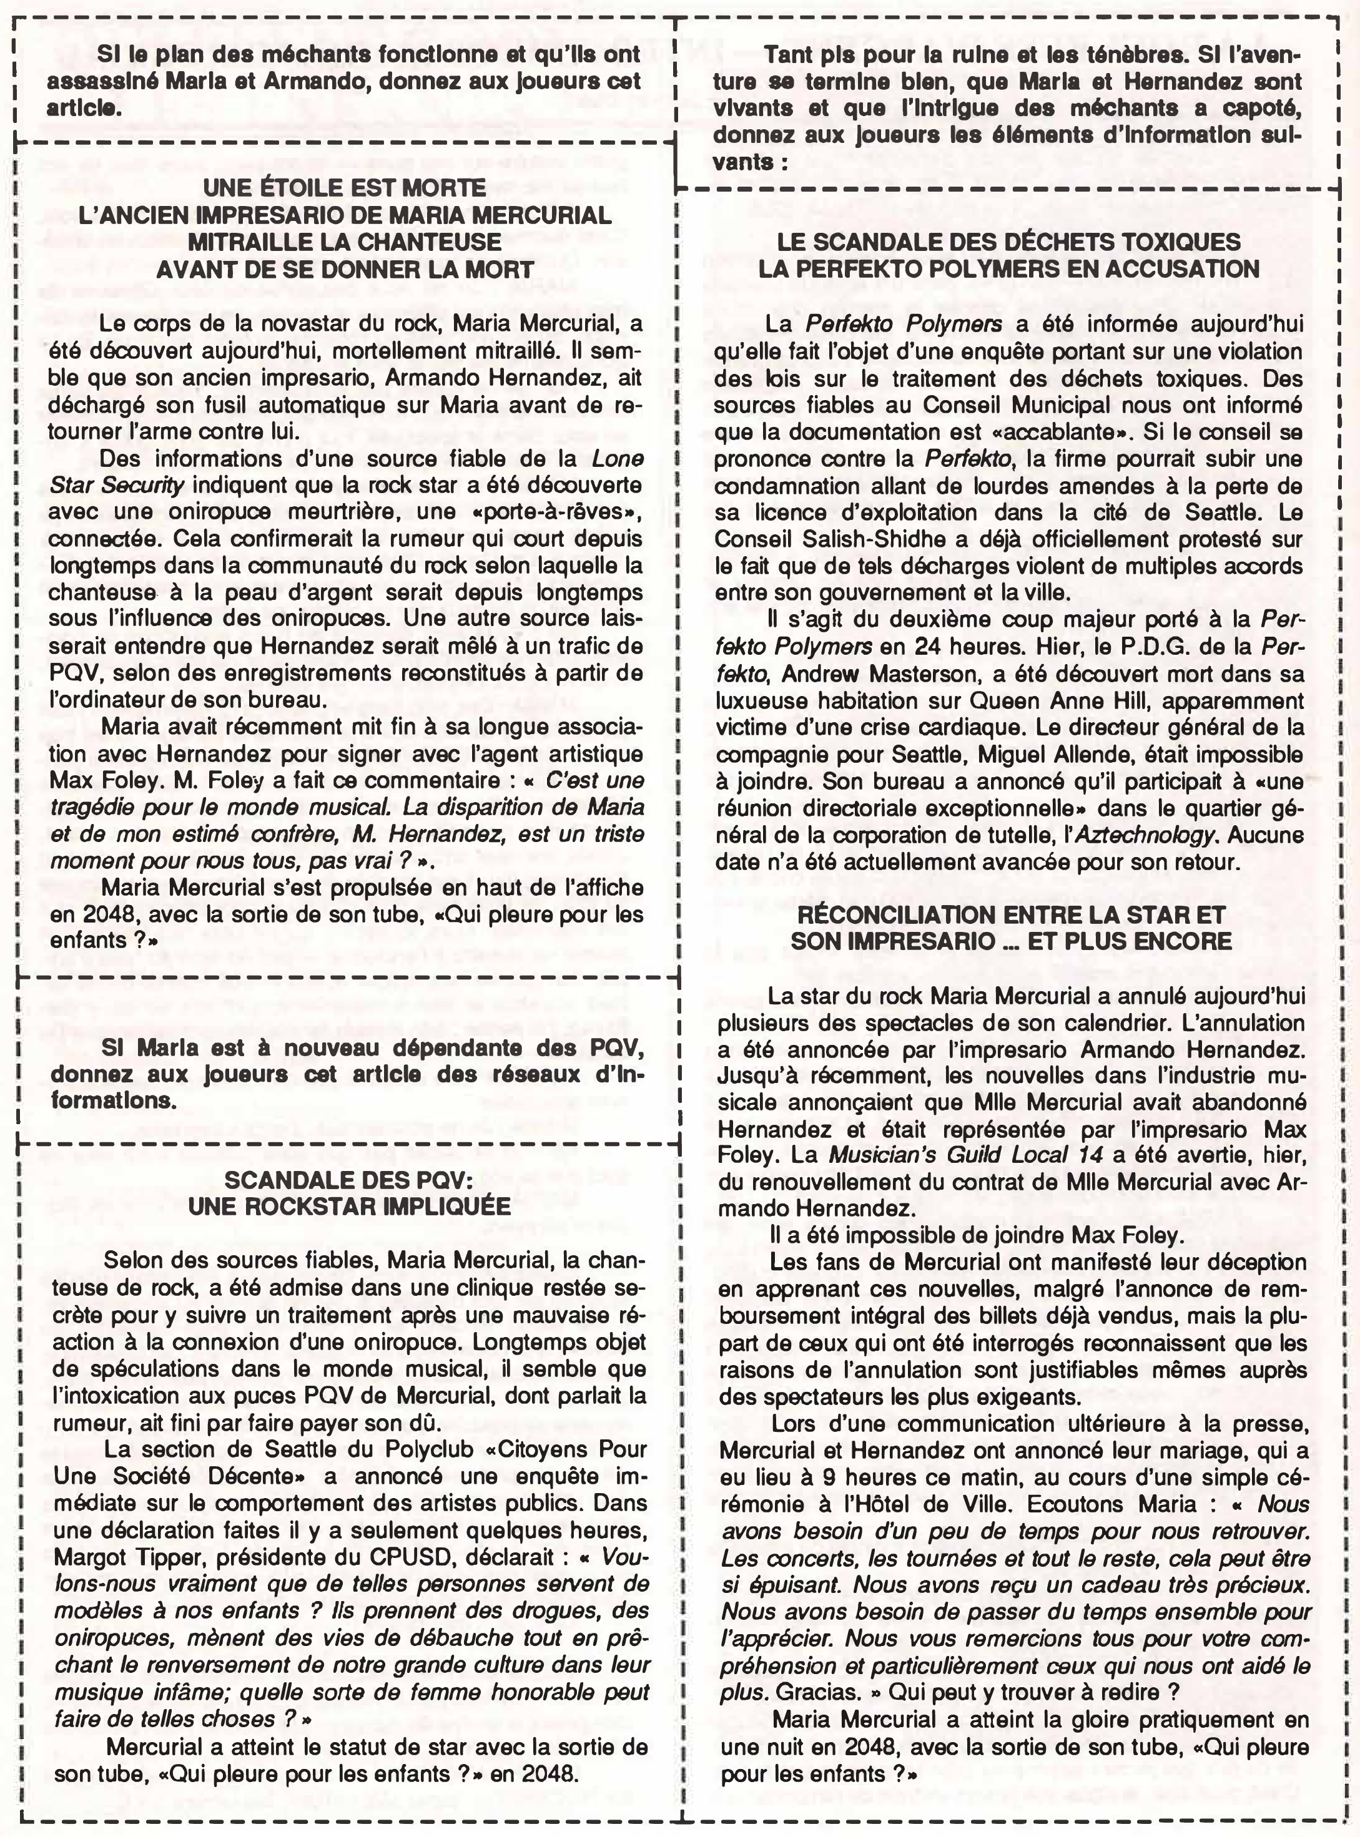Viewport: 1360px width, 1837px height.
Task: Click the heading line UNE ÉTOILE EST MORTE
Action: click(x=344, y=189)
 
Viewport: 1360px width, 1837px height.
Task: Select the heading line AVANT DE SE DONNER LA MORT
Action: click(x=344, y=269)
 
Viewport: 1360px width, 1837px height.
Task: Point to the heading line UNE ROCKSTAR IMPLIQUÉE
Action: click(x=349, y=1206)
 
